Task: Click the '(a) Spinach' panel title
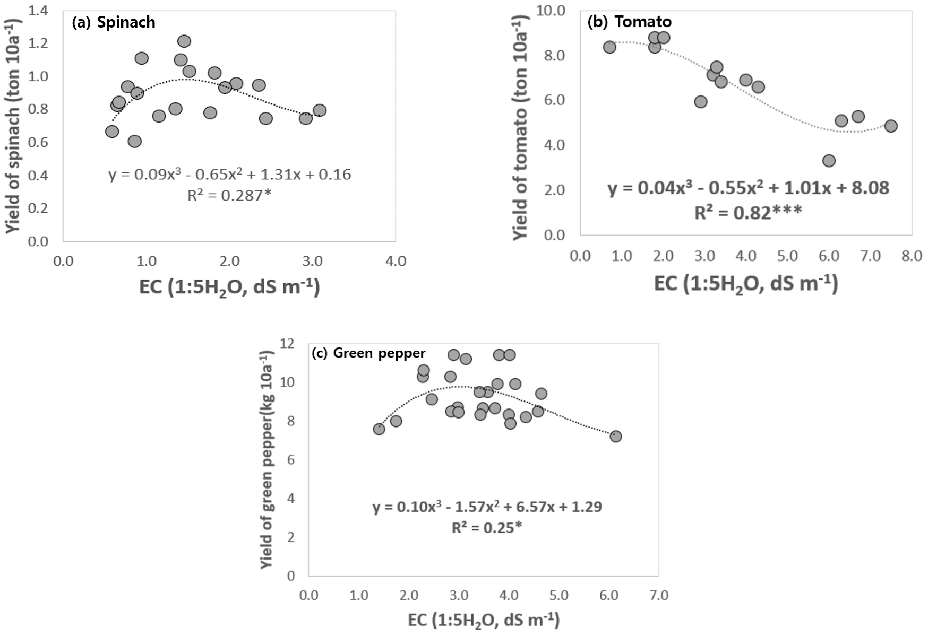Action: (x=114, y=22)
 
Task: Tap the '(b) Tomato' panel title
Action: (x=630, y=22)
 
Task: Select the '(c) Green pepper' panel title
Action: (x=369, y=353)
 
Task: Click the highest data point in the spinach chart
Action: (x=184, y=41)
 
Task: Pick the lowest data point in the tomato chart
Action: (x=829, y=161)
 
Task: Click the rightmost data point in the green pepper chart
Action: (x=615, y=437)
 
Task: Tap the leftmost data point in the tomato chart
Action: (x=609, y=47)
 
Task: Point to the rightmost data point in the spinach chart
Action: (x=320, y=110)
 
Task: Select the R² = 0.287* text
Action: (x=229, y=196)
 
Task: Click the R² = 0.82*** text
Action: (x=748, y=213)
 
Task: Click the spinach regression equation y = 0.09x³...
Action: (x=229, y=175)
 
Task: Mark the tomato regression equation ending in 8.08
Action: (x=748, y=188)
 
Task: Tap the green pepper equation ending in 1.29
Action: (x=487, y=507)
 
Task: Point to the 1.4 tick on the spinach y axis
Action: (x=38, y=11)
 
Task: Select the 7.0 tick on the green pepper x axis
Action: (x=658, y=596)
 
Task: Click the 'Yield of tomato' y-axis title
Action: (x=521, y=127)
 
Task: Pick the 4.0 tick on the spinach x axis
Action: (x=396, y=261)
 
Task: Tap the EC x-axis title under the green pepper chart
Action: (x=484, y=620)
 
